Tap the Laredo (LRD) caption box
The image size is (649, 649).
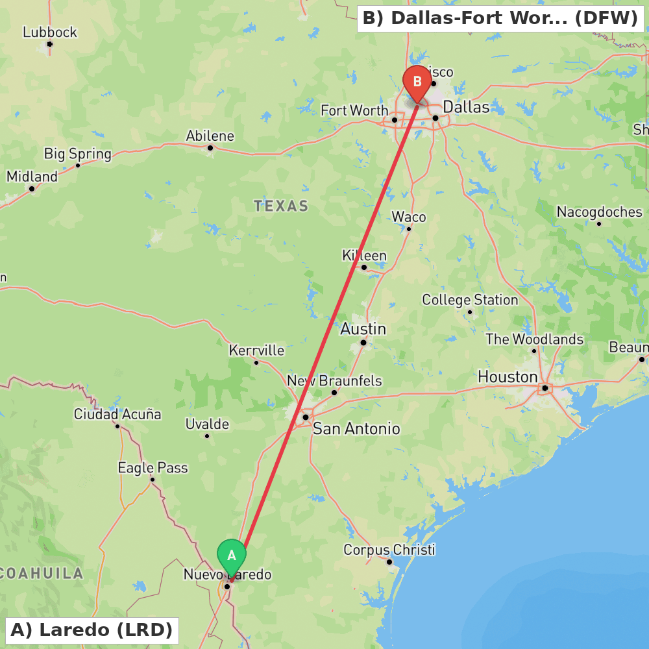[x=92, y=630]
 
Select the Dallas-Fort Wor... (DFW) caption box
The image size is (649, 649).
[x=500, y=18]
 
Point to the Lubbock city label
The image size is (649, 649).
[x=50, y=32]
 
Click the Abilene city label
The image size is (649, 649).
[x=210, y=136]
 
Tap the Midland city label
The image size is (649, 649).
[x=32, y=177]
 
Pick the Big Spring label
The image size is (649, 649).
[x=78, y=154]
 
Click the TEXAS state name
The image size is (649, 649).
[x=281, y=206]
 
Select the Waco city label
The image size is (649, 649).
[x=409, y=217]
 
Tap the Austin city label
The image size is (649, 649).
[x=363, y=329]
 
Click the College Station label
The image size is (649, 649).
[x=470, y=300]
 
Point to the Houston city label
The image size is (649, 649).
[x=508, y=377]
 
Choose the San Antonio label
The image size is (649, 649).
[x=356, y=428]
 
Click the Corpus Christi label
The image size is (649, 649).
[x=389, y=550]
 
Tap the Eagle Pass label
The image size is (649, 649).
[x=153, y=468]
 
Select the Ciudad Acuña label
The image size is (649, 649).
[x=117, y=414]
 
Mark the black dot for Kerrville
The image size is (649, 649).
[x=256, y=362]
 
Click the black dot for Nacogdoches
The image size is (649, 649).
[x=599, y=223]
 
